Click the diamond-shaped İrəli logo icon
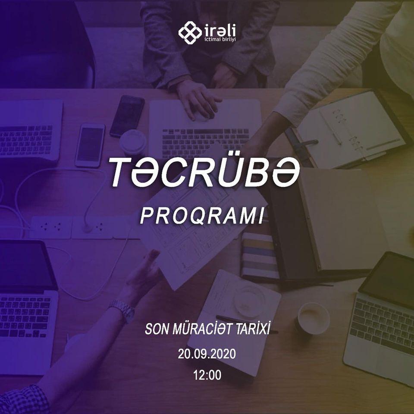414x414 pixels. tap(190, 32)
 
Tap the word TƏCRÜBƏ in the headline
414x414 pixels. tap(204, 172)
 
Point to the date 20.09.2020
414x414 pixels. tap(207, 354)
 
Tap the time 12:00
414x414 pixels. tap(207, 375)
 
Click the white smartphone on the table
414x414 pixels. tap(90, 145)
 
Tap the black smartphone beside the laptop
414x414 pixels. tap(127, 116)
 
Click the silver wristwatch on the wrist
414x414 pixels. tap(122, 310)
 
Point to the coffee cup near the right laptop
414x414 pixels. tap(314, 317)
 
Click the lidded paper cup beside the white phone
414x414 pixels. tap(133, 142)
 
